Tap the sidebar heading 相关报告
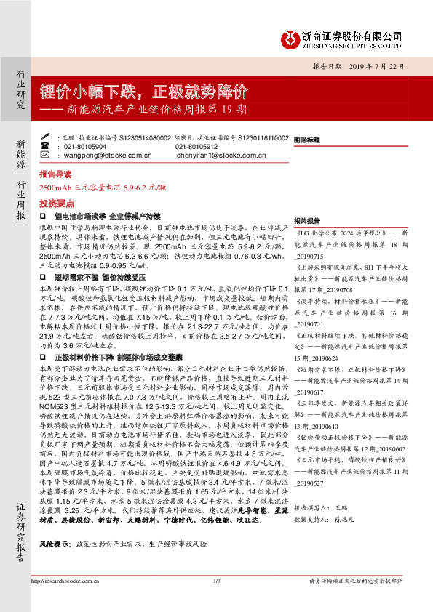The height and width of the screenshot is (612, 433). coord(308,220)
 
